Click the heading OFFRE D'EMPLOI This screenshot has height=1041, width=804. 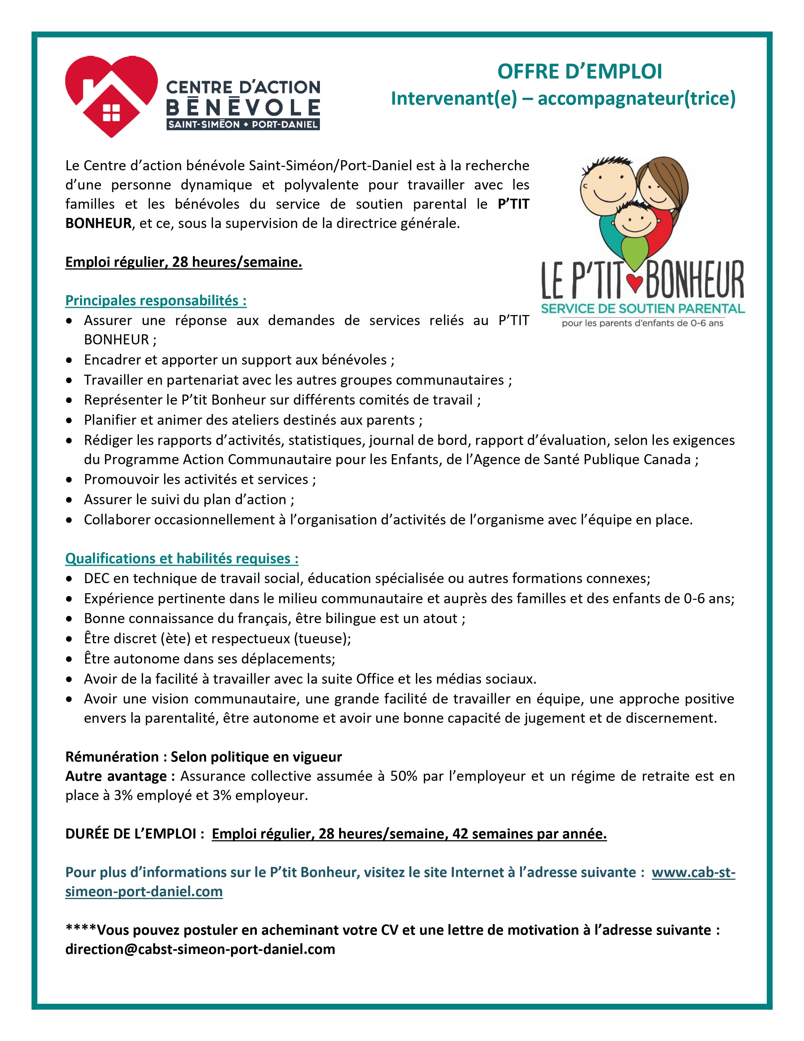[580, 72]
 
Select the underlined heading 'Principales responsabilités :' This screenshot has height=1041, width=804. [156, 301]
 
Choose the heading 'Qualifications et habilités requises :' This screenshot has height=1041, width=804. [182, 558]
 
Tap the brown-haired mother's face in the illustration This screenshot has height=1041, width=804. [660, 186]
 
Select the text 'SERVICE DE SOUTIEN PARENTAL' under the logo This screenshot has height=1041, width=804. [643, 308]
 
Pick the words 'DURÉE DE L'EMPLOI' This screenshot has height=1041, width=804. [131, 834]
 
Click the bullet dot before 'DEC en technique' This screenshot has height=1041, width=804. [70, 579]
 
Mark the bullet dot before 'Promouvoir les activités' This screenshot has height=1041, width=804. [70, 480]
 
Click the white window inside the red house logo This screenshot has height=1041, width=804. [111, 114]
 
